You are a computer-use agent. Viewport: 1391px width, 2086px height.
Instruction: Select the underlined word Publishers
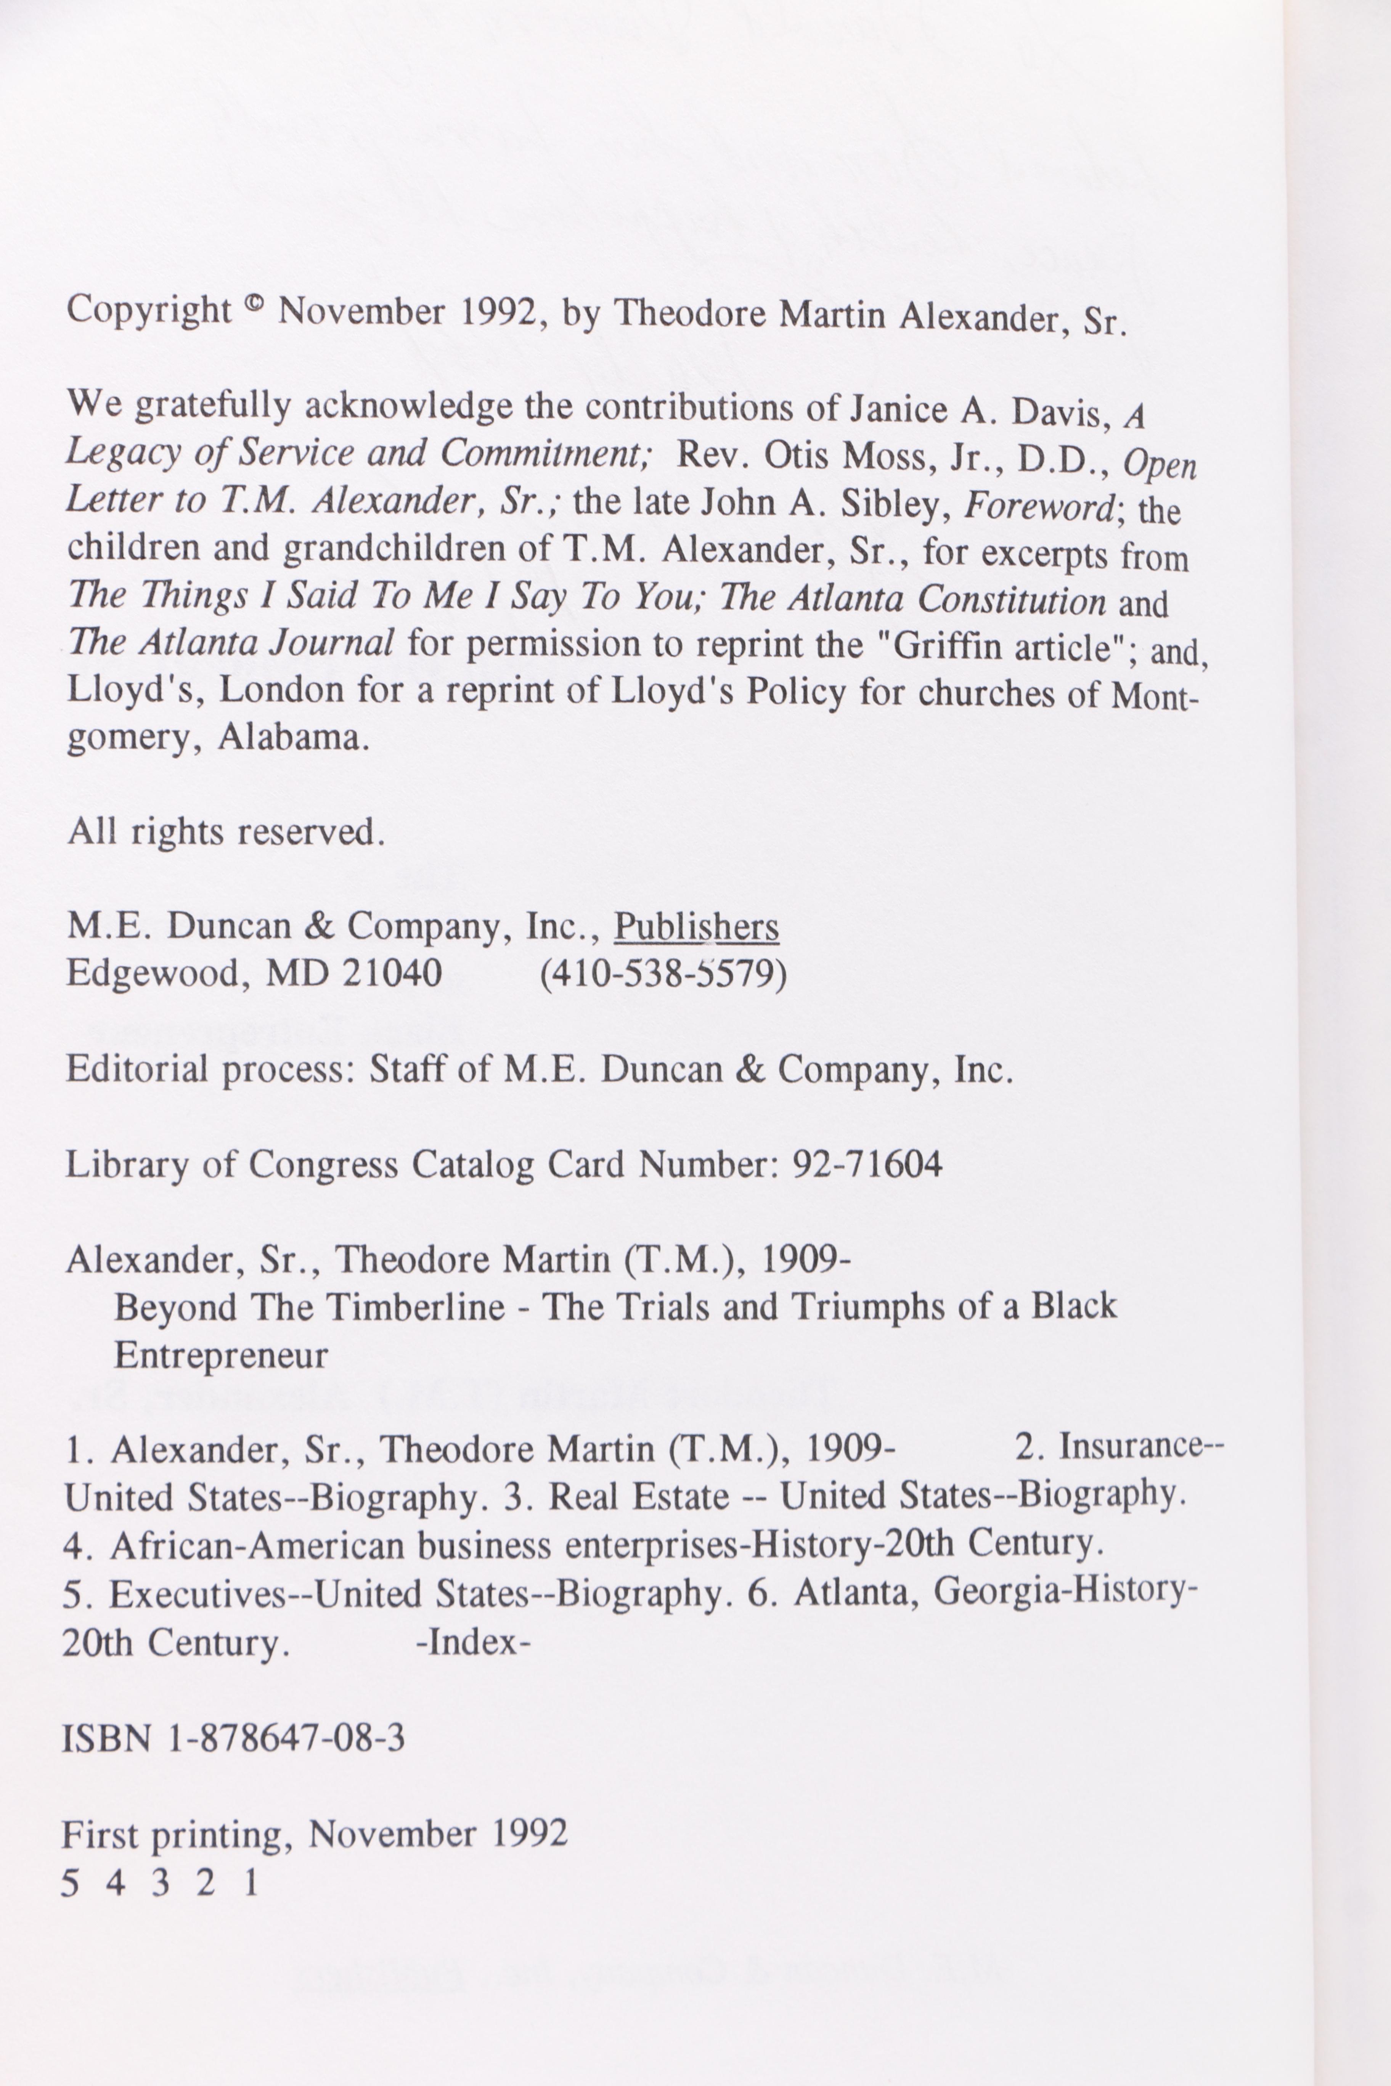click(x=696, y=927)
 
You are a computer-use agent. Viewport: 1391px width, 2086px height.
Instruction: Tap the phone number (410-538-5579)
click(x=663, y=974)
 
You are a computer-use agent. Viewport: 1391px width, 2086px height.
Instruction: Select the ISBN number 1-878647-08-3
click(x=286, y=1738)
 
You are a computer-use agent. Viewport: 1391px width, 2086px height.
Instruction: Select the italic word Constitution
click(x=1011, y=600)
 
